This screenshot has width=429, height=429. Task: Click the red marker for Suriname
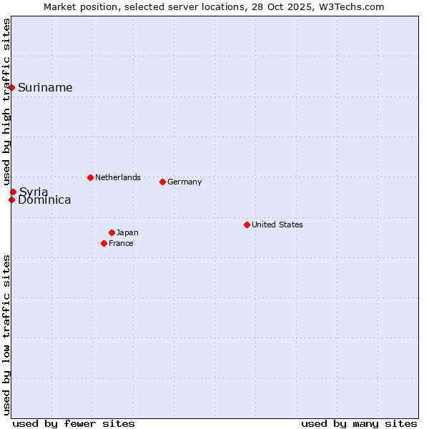tap(12, 87)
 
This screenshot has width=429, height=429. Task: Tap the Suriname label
tap(45, 88)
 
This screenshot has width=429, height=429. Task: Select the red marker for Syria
tap(14, 192)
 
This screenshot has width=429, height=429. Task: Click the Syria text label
tap(34, 192)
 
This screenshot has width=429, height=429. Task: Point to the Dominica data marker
tap(12, 199)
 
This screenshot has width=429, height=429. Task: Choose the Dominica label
tap(44, 200)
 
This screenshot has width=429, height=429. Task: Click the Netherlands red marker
tap(90, 177)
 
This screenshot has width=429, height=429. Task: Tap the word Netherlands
tap(118, 177)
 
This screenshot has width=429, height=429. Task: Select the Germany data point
tap(163, 182)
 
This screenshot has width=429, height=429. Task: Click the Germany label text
tap(184, 182)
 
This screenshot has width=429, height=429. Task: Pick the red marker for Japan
tap(112, 232)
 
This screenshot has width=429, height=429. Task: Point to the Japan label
tap(127, 232)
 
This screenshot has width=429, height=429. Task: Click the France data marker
tap(104, 243)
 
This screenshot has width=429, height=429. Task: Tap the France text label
tap(121, 243)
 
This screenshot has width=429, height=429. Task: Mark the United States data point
tap(247, 225)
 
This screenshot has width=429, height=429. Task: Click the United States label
tap(277, 225)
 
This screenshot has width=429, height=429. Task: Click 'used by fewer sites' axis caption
tap(74, 423)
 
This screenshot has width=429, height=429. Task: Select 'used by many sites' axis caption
tap(359, 423)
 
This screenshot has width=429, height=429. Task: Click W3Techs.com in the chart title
tap(352, 6)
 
